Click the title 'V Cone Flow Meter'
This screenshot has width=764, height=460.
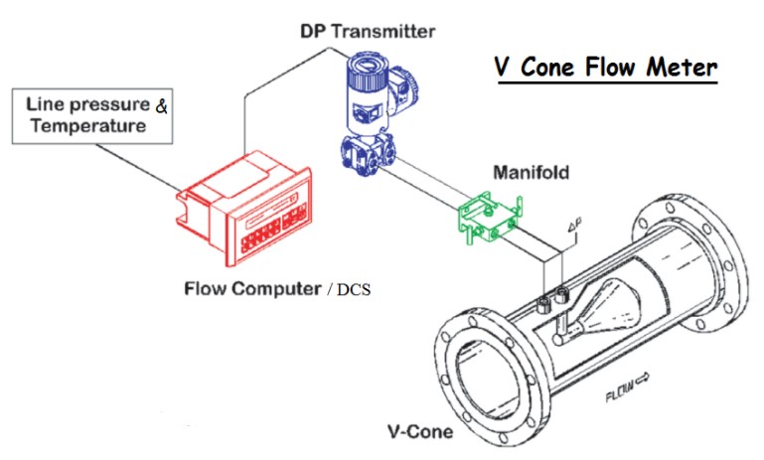pos(605,71)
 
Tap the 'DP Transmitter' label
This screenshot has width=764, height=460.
pos(368,31)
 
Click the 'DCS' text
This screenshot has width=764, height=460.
pos(352,291)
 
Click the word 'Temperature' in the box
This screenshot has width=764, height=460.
pos(86,126)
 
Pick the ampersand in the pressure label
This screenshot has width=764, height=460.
pos(161,103)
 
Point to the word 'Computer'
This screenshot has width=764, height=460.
pos(271,290)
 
